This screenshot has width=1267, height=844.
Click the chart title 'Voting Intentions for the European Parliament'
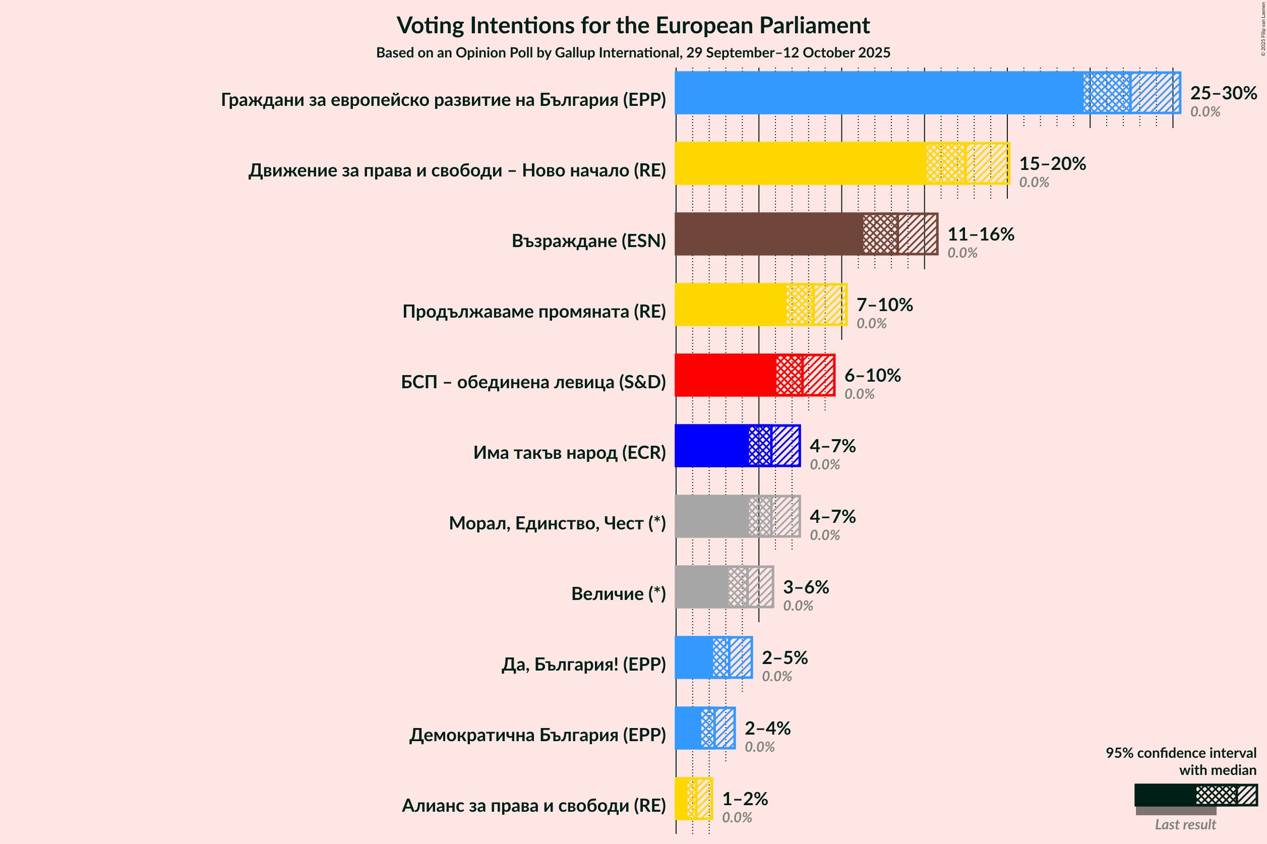tap(633, 25)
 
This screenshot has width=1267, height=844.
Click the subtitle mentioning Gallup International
tap(633, 53)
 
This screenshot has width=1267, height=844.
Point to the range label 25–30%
tap(1223, 93)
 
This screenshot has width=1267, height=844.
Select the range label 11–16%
tap(980, 234)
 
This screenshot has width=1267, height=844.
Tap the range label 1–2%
tap(744, 799)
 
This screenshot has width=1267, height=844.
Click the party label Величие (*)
tap(618, 594)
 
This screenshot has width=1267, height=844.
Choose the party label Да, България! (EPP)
tap(583, 664)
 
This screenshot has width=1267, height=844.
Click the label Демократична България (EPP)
tap(537, 735)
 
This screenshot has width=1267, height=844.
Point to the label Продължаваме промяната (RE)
tap(534, 312)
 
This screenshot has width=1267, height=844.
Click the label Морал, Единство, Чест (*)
tap(557, 523)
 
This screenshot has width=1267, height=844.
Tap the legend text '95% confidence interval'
tap(1181, 753)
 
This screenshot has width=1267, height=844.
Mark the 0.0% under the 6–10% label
tap(859, 394)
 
